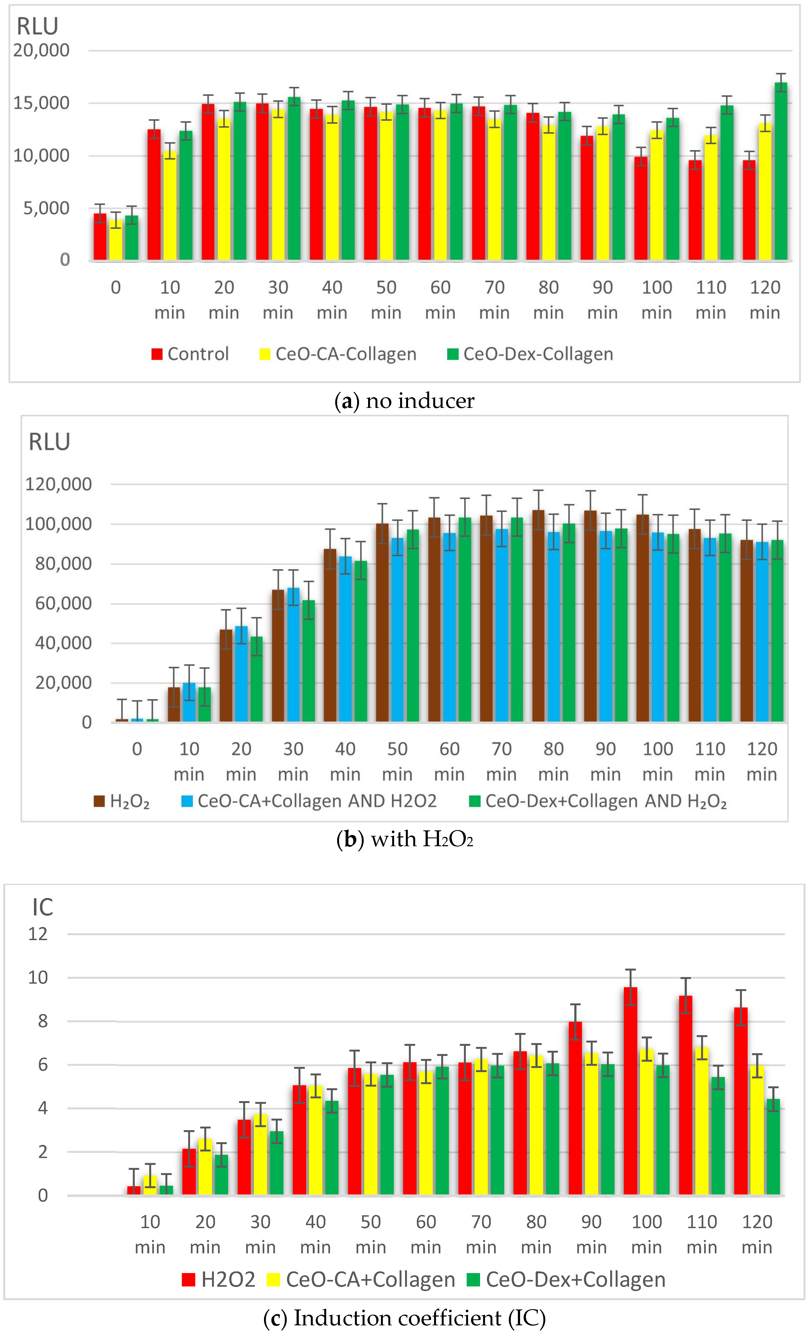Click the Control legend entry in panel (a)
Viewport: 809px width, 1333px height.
190,354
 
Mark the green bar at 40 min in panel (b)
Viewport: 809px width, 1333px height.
360,641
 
